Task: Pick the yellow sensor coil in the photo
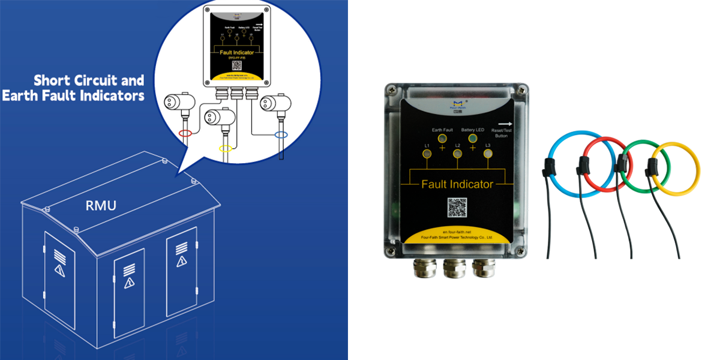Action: (686, 168)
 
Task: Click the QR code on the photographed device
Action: (458, 208)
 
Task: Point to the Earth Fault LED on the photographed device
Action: (442, 139)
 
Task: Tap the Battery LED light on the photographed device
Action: (473, 139)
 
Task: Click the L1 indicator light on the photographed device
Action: (427, 154)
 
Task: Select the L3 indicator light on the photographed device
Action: (488, 154)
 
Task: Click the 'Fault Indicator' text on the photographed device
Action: (458, 184)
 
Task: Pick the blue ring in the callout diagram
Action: (280, 134)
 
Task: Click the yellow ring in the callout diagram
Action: (226, 148)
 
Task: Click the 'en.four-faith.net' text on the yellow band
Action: (458, 231)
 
